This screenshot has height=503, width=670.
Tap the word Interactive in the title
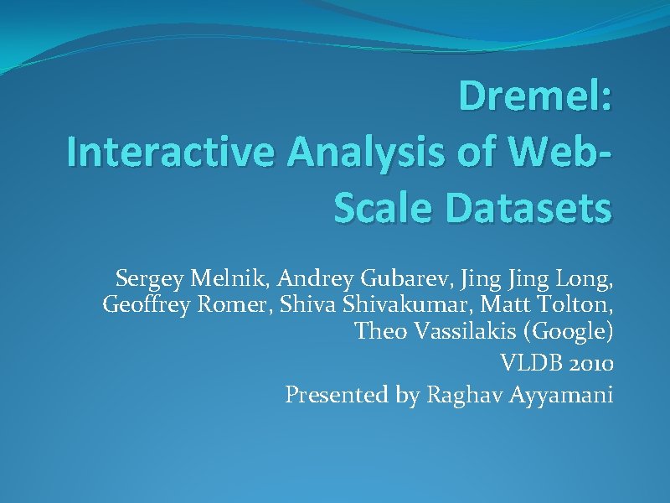[x=171, y=157]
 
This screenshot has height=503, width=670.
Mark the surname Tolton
[x=575, y=304]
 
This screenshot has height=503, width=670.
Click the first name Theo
[x=375, y=332]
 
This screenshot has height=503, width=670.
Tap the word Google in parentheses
[x=569, y=333]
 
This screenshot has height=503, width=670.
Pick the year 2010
[x=590, y=363]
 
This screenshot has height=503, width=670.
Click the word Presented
[x=337, y=394]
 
